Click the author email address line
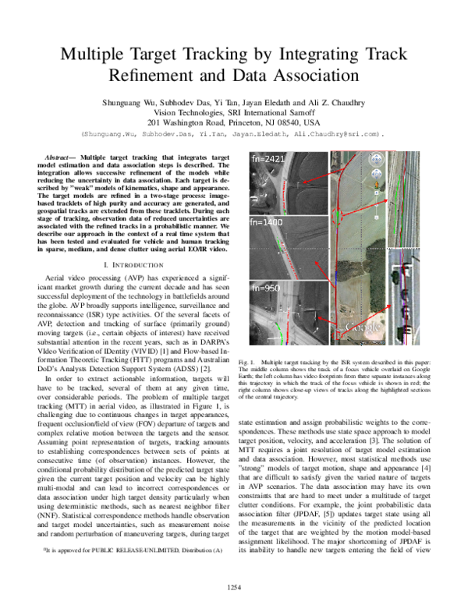click(x=233, y=134)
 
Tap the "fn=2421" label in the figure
click(x=267, y=159)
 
